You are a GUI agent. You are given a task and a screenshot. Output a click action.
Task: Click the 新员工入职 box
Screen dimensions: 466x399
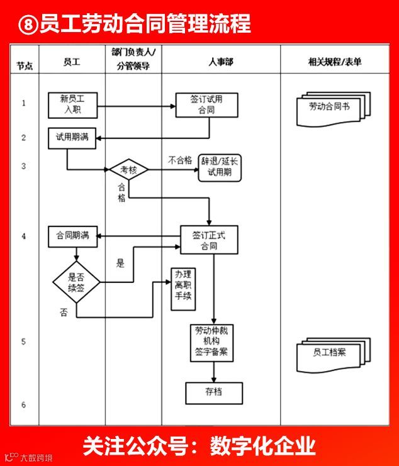pos(72,104)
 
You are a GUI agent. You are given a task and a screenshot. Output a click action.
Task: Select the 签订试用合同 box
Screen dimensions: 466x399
pos(206,104)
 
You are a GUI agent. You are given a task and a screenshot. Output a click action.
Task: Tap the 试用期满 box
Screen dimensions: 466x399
pos(72,138)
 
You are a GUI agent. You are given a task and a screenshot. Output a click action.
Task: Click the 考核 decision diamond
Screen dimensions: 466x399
pos(128,170)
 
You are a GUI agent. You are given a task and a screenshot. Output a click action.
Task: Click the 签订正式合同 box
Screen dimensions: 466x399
pos(209,240)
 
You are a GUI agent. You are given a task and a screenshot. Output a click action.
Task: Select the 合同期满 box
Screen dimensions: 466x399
pos(72,236)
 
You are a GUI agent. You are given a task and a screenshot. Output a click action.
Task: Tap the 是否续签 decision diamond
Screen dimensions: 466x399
pos(76,282)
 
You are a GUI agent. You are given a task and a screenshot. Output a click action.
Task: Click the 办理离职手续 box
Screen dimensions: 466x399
pos(183,288)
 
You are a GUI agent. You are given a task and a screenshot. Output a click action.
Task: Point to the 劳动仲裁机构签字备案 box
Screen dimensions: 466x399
pos(212,342)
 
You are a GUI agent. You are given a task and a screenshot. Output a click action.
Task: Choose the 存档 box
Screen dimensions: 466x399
pos(213,393)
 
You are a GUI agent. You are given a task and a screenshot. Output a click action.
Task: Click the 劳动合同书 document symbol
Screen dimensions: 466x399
pos(330,108)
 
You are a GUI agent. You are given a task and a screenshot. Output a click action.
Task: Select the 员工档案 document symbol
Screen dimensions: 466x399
pos(329,353)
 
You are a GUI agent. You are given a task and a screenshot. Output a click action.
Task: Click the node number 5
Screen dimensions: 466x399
pos(23,342)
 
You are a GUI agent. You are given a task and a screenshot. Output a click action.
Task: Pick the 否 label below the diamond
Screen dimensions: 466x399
pos(64,313)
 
